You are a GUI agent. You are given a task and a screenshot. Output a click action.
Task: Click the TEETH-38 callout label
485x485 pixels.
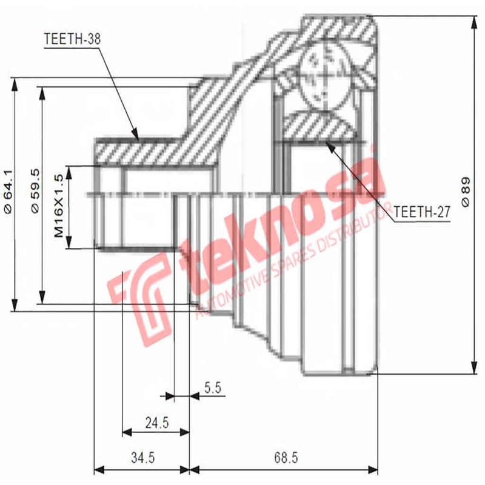(72, 39)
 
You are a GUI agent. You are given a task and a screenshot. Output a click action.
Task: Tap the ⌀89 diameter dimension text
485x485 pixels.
(466, 193)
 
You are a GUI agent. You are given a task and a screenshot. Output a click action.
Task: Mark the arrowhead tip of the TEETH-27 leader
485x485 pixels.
(327, 141)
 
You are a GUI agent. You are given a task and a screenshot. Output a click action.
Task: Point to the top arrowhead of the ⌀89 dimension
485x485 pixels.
(473, 18)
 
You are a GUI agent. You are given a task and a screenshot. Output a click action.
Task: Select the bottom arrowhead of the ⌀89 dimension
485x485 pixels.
(473, 373)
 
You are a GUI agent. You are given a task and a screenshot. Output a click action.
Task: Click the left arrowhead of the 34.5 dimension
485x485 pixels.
(96, 469)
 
